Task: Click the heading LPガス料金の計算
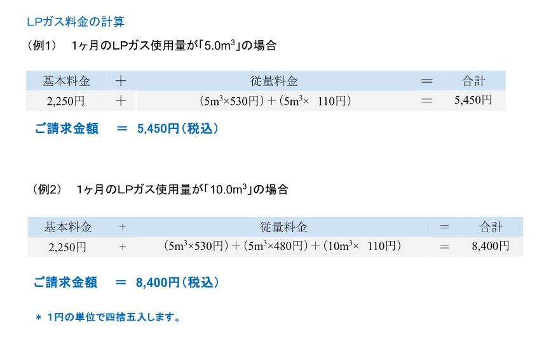click(76, 22)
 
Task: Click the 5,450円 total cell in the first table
click(473, 100)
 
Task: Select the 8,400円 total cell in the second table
click(491, 246)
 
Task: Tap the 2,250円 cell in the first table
click(66, 100)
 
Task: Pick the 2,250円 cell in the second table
click(67, 247)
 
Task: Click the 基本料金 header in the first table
click(66, 81)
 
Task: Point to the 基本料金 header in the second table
click(67, 227)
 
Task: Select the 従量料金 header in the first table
click(274, 81)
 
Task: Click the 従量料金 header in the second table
click(283, 227)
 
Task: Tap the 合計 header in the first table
click(473, 81)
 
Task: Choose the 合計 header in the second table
click(491, 227)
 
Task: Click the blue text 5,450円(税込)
click(178, 129)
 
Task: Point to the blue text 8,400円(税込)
click(177, 283)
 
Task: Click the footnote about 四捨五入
click(108, 317)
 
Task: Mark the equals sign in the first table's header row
click(427, 81)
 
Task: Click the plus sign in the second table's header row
click(123, 227)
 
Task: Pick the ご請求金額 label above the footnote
click(65, 283)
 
